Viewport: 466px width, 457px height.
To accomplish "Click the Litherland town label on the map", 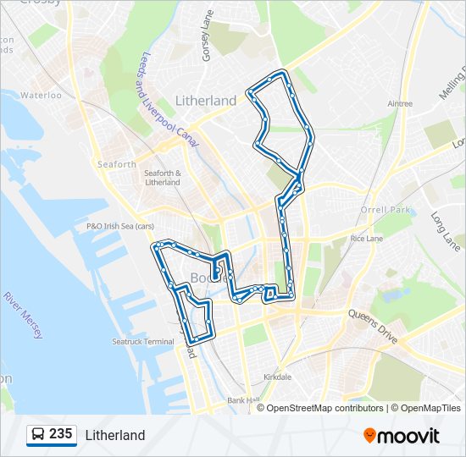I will (x=206, y=101).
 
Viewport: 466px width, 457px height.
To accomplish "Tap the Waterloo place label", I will (x=42, y=96).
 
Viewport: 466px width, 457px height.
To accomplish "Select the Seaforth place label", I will (x=117, y=164).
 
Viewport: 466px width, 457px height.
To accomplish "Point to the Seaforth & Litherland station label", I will (x=163, y=178).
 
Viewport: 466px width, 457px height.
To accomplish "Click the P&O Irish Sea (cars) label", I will (x=120, y=226).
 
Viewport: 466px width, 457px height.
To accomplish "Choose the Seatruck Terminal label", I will (x=142, y=342).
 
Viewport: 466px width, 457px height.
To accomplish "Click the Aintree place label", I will (x=399, y=104).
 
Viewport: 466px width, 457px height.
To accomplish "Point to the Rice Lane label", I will (x=368, y=239).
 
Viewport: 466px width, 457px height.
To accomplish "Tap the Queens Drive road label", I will (x=373, y=324).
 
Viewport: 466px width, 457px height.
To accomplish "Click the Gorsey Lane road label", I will (x=206, y=36).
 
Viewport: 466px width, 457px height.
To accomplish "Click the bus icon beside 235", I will (x=38, y=435).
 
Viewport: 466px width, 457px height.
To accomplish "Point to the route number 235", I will (x=60, y=434).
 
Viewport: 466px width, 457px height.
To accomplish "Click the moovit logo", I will (x=402, y=436).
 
